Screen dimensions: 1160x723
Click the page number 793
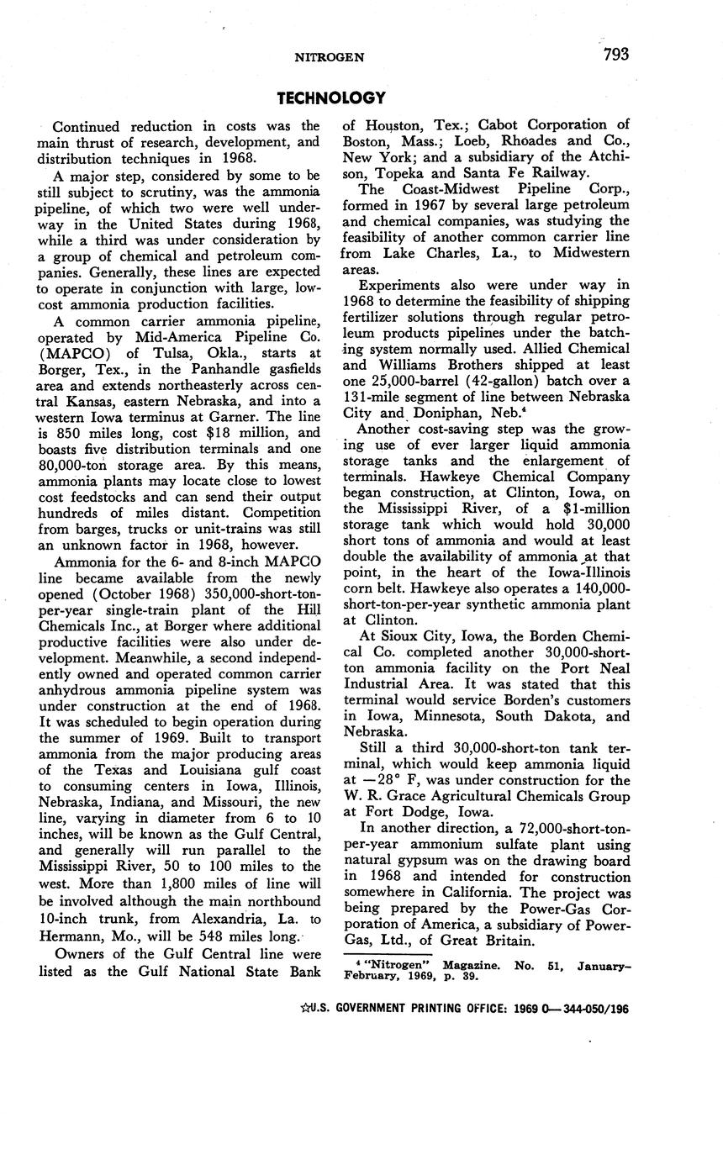[x=615, y=55]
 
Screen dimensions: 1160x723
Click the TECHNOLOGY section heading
[x=331, y=98]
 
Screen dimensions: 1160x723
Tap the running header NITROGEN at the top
[x=329, y=57]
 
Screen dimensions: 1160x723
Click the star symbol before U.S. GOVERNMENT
[x=304, y=1009]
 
